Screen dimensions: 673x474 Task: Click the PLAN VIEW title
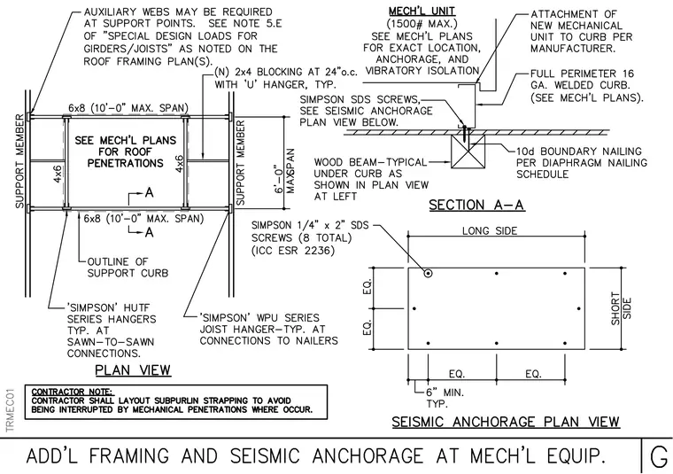pos(133,370)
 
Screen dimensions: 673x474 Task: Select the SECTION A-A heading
pos(476,205)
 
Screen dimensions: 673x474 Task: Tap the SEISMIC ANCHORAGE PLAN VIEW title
pos(506,422)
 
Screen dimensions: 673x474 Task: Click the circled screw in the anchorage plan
pos(428,273)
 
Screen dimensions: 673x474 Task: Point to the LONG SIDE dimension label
pos(490,230)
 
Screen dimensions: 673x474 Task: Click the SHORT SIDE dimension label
pos(621,308)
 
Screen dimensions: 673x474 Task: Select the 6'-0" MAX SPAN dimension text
pos(284,171)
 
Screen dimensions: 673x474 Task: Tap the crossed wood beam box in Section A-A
pos(468,152)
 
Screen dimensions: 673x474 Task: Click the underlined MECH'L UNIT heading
pos(422,12)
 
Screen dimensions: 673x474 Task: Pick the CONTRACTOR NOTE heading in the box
pos(72,392)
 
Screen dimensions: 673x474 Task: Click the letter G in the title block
pos(659,456)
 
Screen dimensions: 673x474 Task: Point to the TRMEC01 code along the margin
pos(11,410)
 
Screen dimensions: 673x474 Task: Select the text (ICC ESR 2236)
pos(293,250)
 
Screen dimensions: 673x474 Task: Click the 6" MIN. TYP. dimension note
pos(445,398)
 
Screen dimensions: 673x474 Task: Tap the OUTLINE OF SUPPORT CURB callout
pos(128,268)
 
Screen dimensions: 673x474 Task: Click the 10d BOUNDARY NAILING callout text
pos(582,163)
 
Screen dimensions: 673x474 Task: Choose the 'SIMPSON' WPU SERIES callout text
pos(268,330)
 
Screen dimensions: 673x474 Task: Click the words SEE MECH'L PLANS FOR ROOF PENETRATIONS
pos(126,152)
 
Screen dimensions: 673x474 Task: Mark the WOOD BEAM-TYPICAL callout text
pos(371,180)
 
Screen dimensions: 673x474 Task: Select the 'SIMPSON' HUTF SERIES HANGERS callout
pos(112,330)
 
